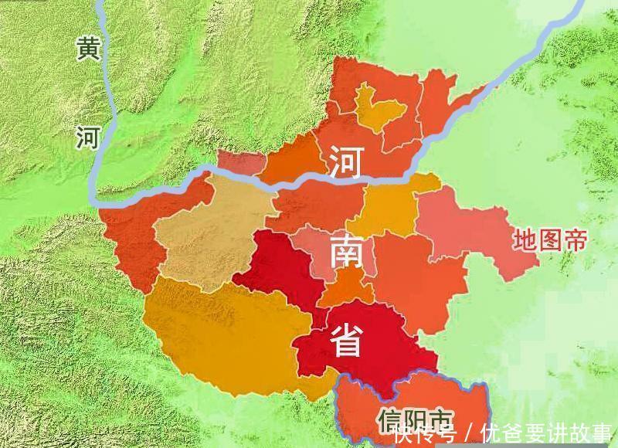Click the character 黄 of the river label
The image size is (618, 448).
87,49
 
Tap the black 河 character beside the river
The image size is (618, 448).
87,137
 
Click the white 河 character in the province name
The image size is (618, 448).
345,162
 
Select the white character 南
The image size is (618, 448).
348,252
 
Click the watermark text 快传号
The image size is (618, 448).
424,433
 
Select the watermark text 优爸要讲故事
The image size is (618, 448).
545,433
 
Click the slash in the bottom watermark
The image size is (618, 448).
467,433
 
